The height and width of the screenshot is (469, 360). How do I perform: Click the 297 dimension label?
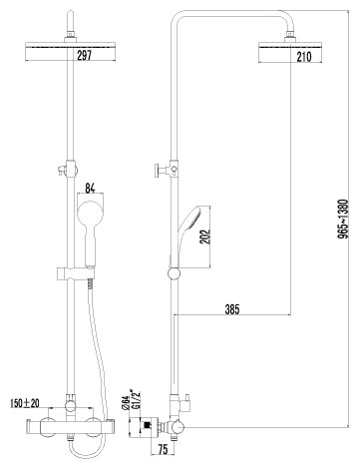click(x=84, y=55)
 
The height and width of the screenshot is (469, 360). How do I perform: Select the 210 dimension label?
click(x=304, y=57)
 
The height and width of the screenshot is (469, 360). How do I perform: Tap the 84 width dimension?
click(x=90, y=189)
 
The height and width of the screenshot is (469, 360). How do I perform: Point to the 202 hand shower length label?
click(x=206, y=236)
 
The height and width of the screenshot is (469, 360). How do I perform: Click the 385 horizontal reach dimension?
click(x=232, y=309)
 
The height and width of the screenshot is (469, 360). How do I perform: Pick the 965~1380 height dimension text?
click(x=342, y=219)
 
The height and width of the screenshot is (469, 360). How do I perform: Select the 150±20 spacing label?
click(x=25, y=403)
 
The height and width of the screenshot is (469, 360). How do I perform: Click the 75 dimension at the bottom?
click(x=163, y=450)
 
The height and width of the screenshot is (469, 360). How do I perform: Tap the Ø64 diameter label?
click(x=125, y=403)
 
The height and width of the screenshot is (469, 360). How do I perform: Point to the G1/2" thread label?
click(x=136, y=400)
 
